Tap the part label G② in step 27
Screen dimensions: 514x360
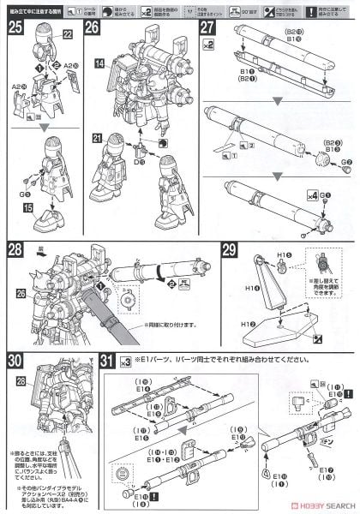[346, 147]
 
